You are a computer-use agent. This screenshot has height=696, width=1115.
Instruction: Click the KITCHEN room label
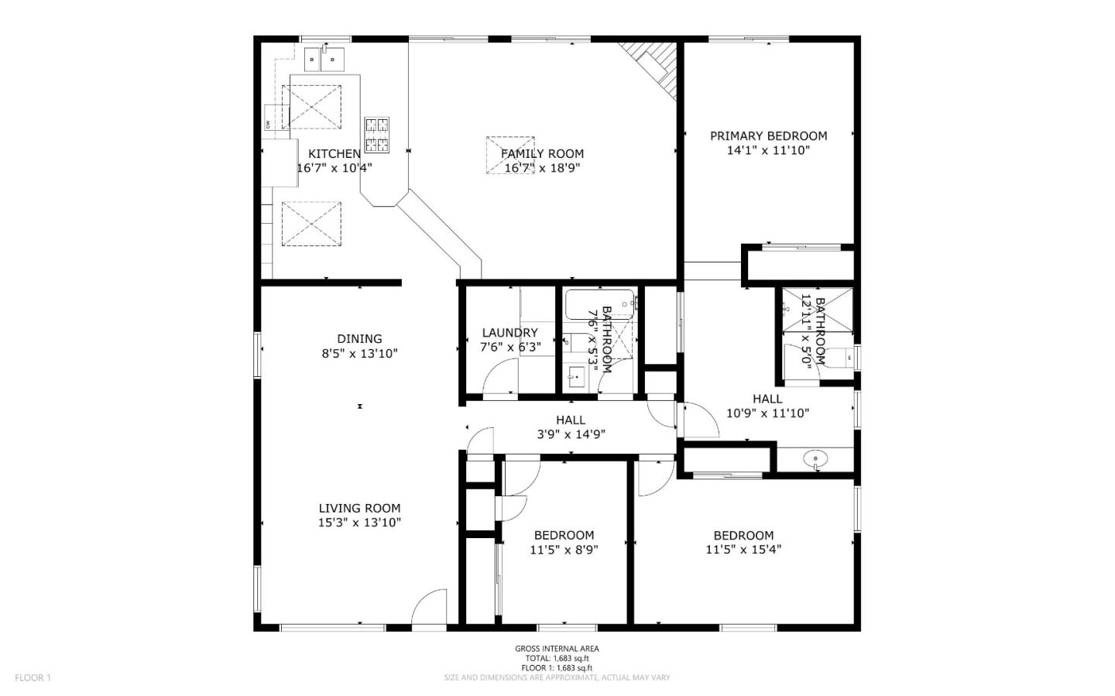[x=334, y=153]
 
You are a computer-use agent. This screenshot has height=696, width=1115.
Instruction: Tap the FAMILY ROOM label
[x=542, y=153]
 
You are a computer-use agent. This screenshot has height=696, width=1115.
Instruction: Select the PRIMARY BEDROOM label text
[x=768, y=135]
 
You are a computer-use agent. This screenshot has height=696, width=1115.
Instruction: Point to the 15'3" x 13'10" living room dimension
[x=359, y=523]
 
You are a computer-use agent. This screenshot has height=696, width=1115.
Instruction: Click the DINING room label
[x=359, y=338]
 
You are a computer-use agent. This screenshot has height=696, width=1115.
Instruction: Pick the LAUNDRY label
[x=509, y=333]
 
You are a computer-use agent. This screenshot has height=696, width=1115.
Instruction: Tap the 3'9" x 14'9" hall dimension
[x=571, y=434]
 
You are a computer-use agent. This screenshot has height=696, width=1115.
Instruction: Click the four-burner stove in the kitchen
[x=377, y=135]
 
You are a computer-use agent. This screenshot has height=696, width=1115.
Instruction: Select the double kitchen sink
[x=323, y=57]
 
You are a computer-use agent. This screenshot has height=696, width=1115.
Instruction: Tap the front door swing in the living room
[x=429, y=607]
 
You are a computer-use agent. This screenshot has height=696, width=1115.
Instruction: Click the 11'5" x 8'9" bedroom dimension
[x=564, y=550]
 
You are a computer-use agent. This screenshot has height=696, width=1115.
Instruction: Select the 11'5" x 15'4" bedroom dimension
[x=743, y=550]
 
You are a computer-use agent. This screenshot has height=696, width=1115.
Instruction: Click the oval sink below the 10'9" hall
[x=815, y=460]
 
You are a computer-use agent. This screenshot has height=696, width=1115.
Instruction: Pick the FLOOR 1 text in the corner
[x=33, y=678]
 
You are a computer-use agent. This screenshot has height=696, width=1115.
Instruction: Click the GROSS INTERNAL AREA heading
[x=557, y=649]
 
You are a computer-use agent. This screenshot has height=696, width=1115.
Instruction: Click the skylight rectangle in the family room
[x=510, y=156]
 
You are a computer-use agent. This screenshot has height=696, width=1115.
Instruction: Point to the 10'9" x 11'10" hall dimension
[x=767, y=413]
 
